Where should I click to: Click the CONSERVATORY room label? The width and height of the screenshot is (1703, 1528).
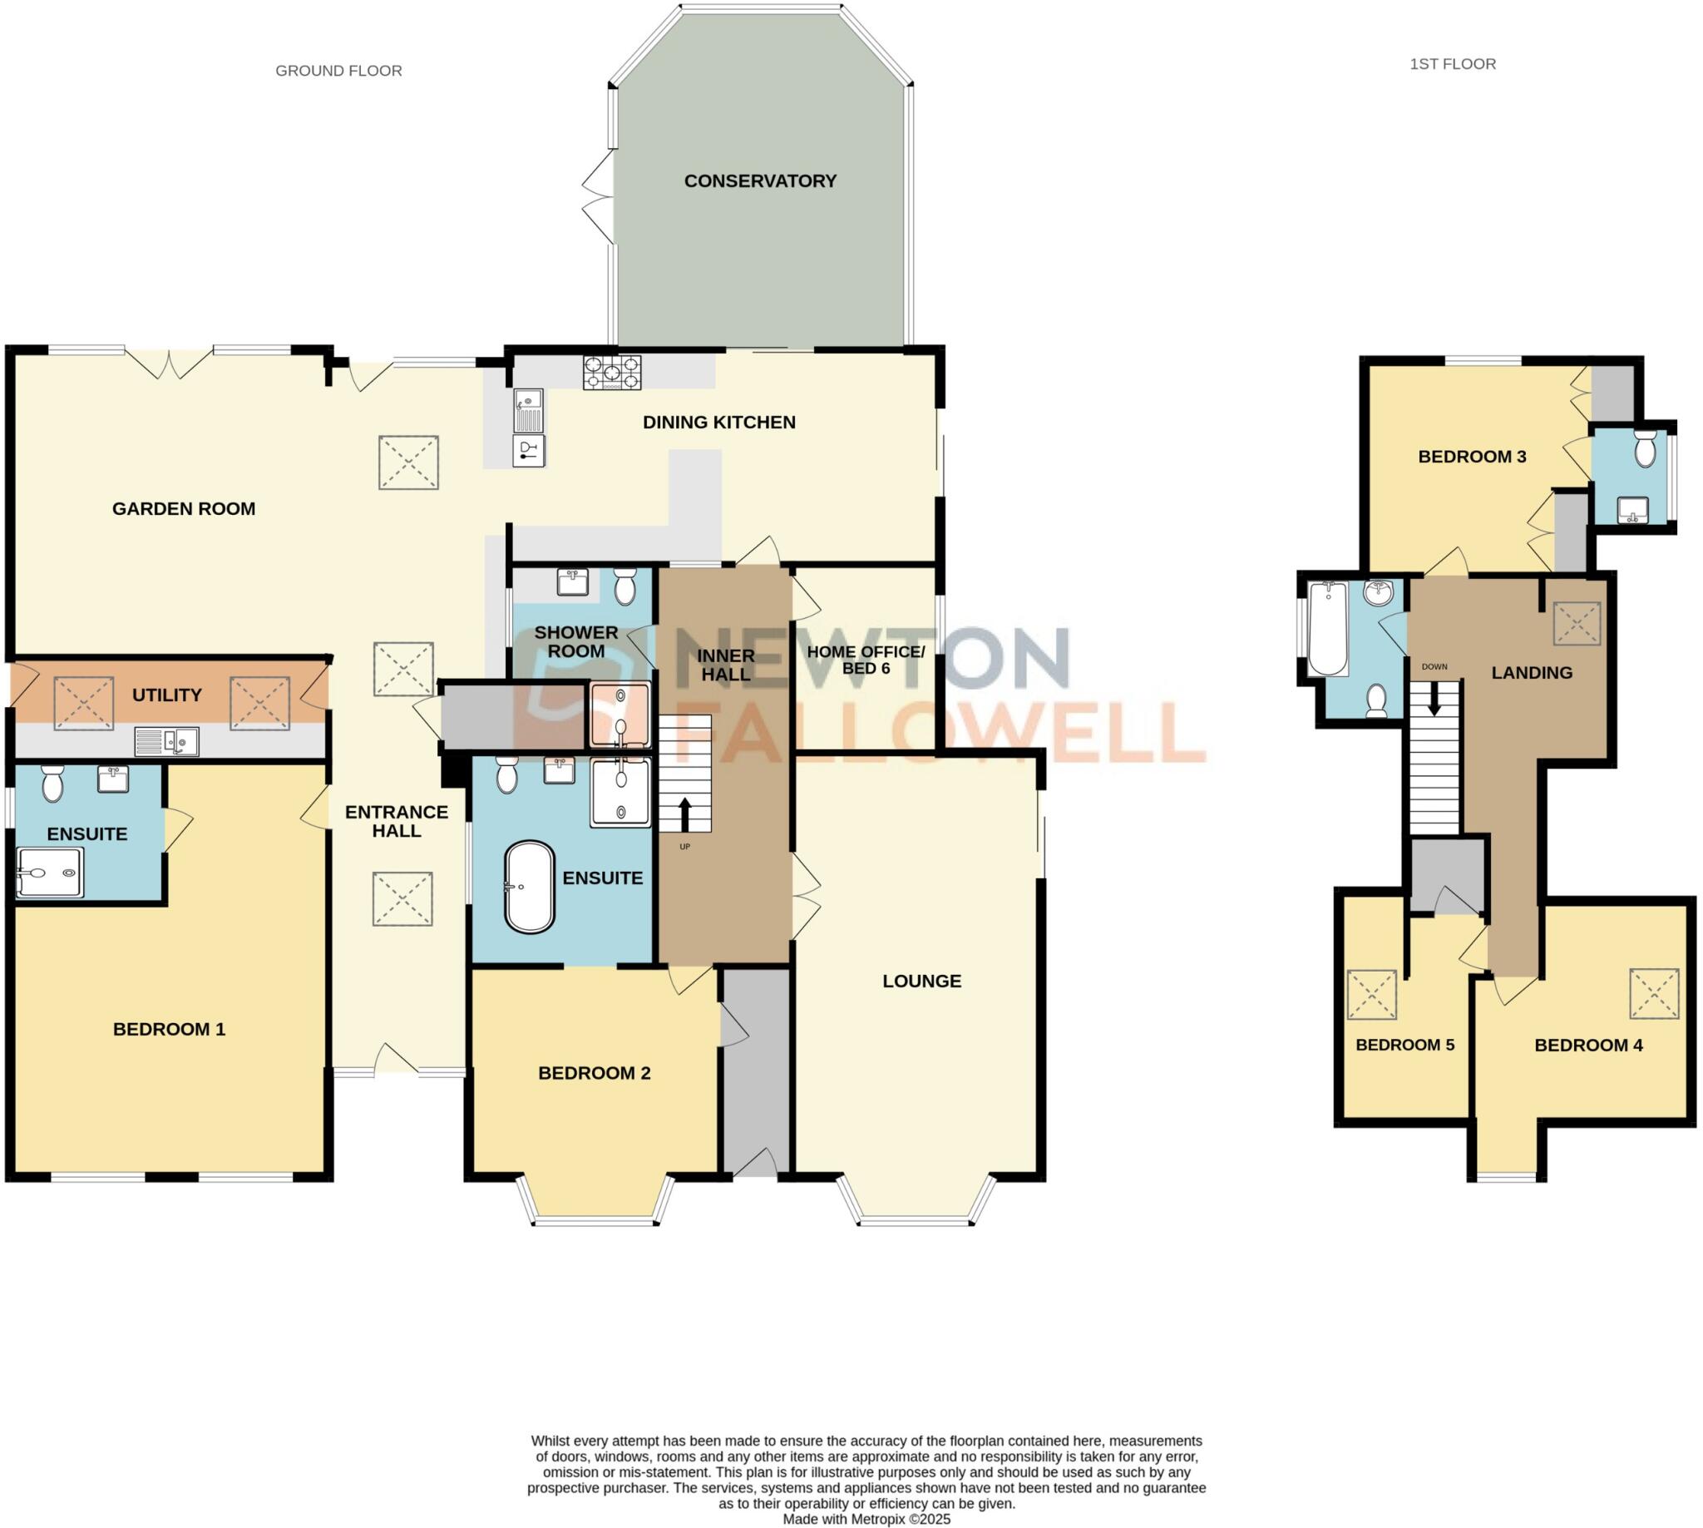tap(759, 180)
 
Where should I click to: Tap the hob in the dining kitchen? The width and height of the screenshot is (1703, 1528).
tap(613, 372)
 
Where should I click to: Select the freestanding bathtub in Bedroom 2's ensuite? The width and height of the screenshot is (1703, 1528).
tap(530, 887)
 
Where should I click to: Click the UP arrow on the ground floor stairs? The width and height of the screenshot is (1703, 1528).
tap(684, 813)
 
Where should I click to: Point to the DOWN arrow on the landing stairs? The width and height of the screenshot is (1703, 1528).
tap(1434, 697)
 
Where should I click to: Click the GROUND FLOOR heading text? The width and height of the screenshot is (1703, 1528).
tap(338, 71)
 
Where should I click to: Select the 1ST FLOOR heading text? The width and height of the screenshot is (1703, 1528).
tap(1452, 64)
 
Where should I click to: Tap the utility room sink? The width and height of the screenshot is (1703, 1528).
tap(167, 741)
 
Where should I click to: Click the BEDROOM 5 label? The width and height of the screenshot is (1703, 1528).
tap(1404, 1045)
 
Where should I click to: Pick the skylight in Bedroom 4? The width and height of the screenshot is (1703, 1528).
tap(1653, 993)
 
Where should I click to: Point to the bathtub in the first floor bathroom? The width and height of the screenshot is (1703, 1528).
tap(1328, 629)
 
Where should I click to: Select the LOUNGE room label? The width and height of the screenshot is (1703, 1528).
tap(921, 981)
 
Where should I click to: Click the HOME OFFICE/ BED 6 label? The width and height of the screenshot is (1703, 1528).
tap(865, 660)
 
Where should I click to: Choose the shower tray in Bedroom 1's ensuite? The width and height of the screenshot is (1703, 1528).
tap(51, 873)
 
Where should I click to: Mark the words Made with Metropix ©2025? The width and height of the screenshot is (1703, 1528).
tap(866, 1519)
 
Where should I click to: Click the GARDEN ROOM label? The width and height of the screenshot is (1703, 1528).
tap(183, 508)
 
